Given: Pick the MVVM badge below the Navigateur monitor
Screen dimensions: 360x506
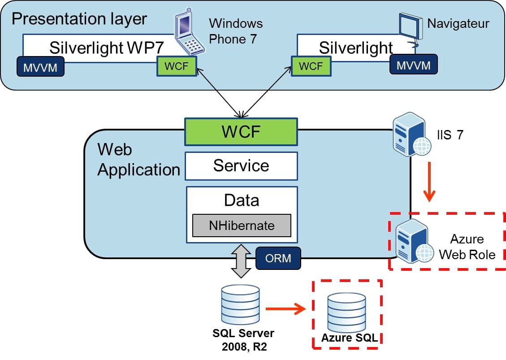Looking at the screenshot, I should (x=413, y=65).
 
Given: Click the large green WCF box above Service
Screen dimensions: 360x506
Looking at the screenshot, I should (x=242, y=132).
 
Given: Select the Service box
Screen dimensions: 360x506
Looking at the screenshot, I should (x=242, y=165).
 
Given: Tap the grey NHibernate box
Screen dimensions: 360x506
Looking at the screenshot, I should (x=242, y=225).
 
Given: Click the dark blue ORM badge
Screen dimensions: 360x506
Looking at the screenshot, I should (x=278, y=258).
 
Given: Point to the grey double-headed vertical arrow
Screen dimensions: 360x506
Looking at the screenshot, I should (x=242, y=261).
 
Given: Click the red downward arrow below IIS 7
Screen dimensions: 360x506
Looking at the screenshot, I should (x=430, y=184).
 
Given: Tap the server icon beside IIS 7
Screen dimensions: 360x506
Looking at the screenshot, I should (x=409, y=134).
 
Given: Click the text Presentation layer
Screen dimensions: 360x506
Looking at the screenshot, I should (x=79, y=18).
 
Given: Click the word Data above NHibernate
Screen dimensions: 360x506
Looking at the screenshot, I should (x=242, y=200).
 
